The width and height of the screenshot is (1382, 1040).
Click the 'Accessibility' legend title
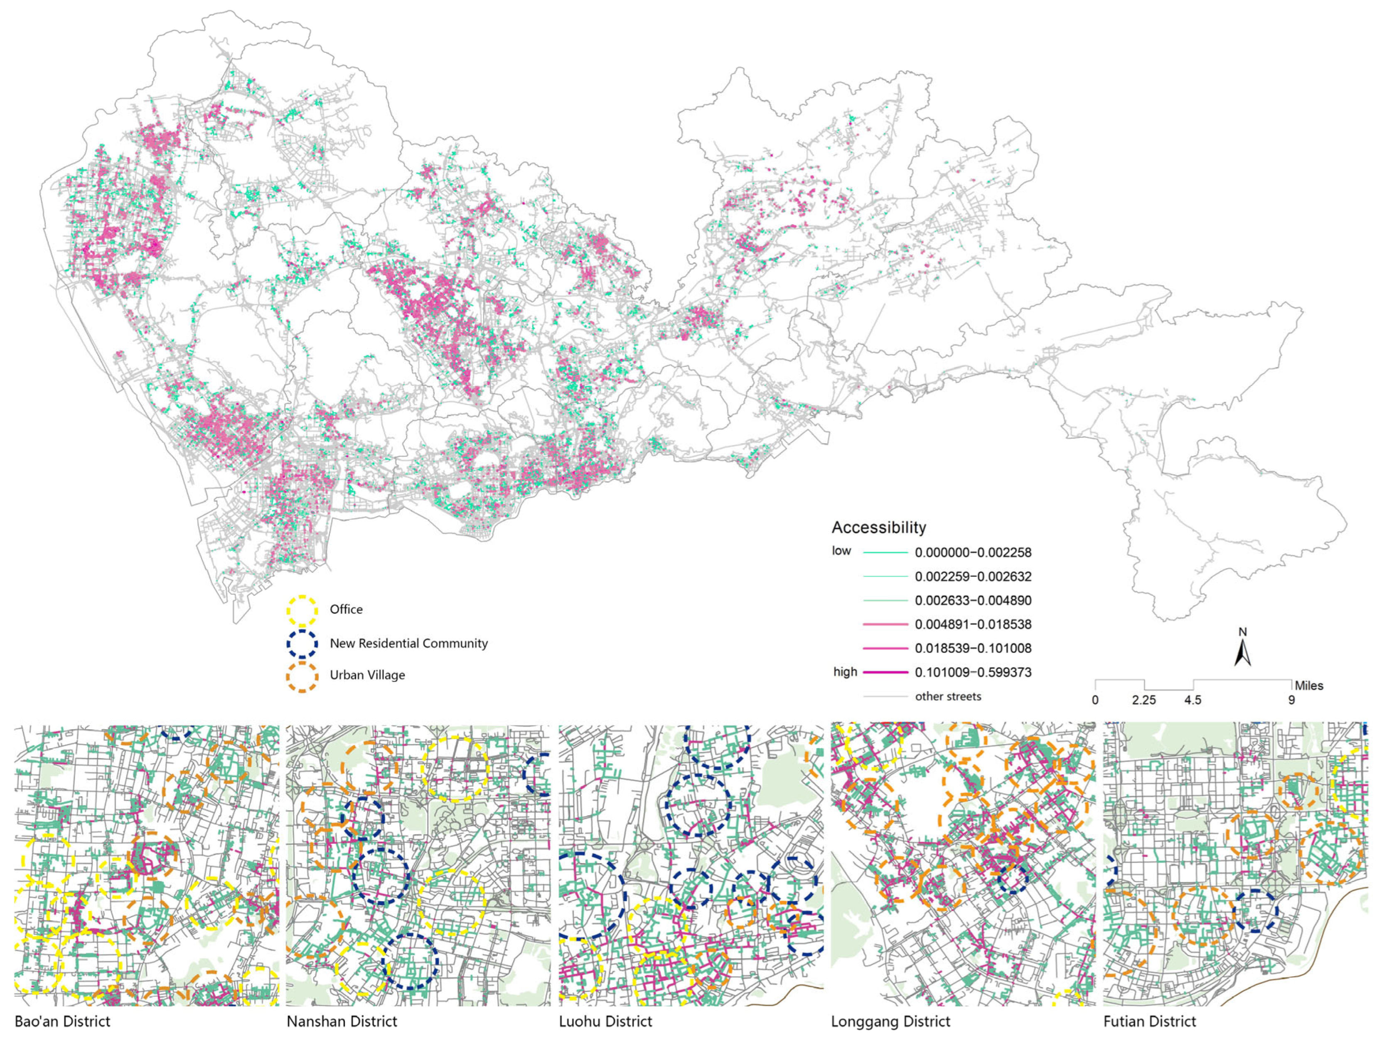click(878, 528)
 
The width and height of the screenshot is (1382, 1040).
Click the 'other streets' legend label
click(948, 697)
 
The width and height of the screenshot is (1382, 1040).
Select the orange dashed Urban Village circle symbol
click(302, 677)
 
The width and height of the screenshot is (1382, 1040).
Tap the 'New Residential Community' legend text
click(408, 643)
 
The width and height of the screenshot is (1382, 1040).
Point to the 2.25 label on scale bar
click(1143, 700)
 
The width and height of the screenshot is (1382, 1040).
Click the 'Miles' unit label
click(1308, 686)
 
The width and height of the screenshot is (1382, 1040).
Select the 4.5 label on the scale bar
click(1192, 700)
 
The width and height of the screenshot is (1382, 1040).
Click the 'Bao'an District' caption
click(62, 1022)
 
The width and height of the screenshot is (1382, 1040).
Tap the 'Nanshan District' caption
click(342, 1022)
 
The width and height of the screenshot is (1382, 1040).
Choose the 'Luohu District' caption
click(605, 1022)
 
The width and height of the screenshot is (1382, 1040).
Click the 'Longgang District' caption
click(890, 1022)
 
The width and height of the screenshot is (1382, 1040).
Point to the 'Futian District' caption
click(1150, 1022)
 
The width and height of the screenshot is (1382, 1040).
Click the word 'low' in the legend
click(841, 551)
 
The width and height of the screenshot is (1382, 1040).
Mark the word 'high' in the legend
click(845, 672)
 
